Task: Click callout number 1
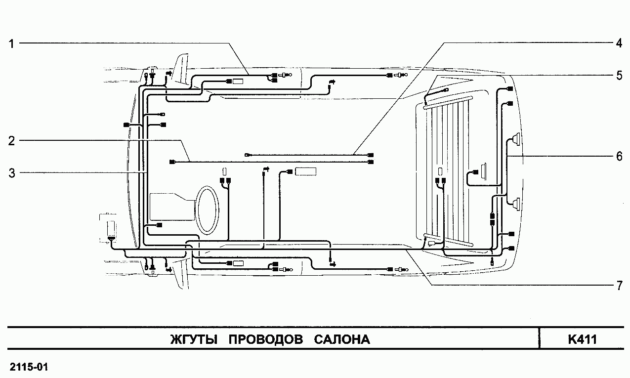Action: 11,43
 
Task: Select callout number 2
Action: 11,140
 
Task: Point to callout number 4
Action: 618,43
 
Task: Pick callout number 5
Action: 618,75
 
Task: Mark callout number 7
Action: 618,286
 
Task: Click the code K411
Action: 583,340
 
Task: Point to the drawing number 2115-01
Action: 29,367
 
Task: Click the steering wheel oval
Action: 207,209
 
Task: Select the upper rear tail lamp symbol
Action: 515,139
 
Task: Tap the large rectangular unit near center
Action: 305,172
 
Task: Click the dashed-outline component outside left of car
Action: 112,228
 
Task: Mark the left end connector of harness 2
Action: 172,162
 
